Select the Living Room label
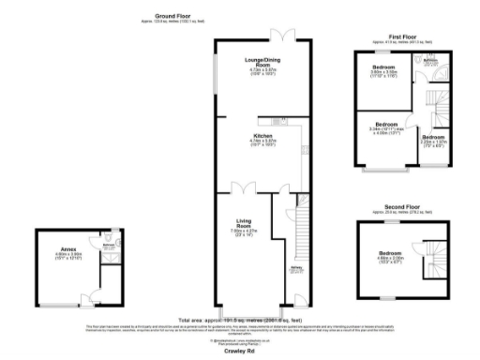click(245, 224)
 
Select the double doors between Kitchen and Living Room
click(244, 189)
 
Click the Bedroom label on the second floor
click(391, 254)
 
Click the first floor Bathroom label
click(430, 61)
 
